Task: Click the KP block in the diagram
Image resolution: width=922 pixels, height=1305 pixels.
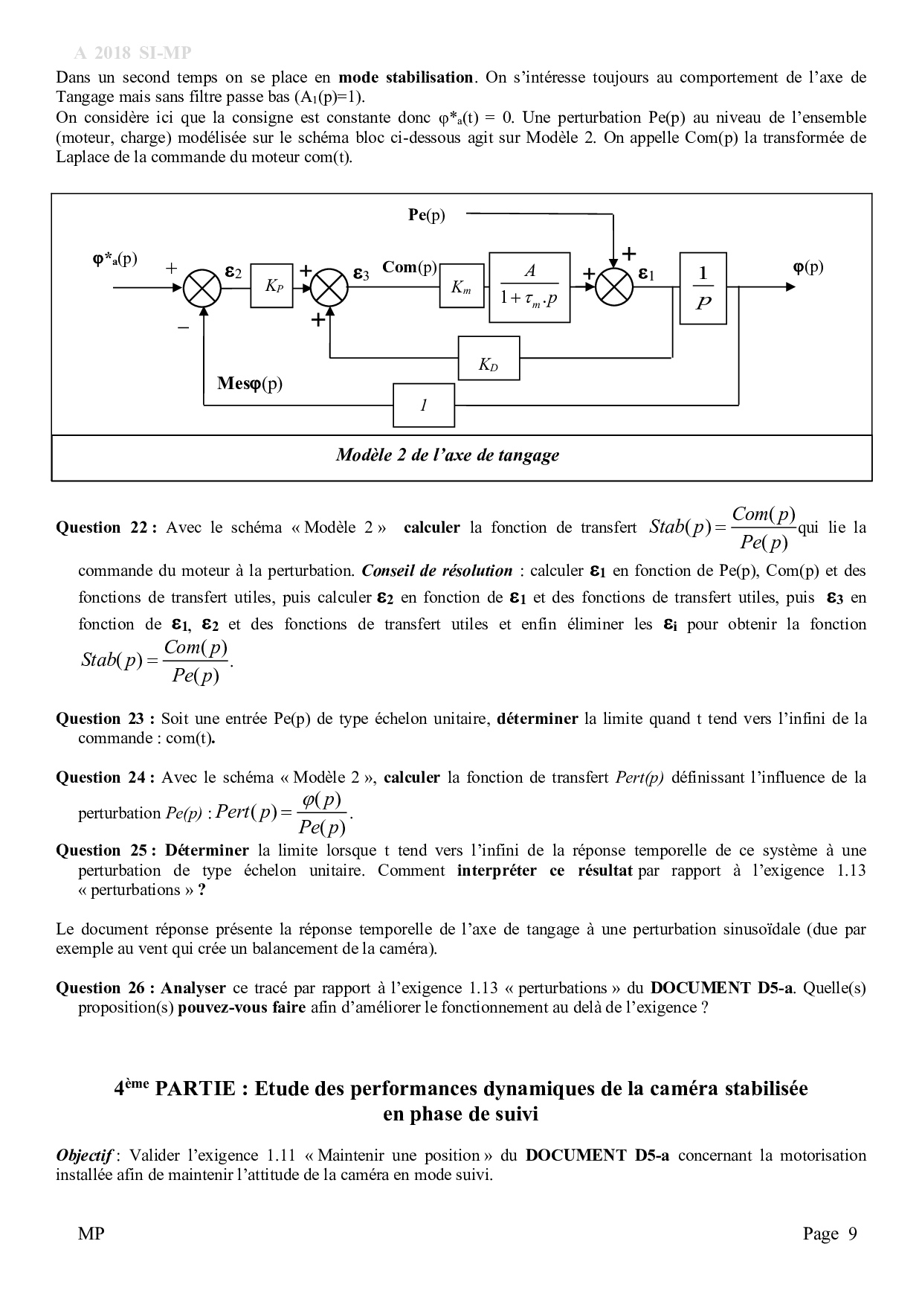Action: (271, 286)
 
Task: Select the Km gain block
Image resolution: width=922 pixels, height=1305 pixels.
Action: (461, 287)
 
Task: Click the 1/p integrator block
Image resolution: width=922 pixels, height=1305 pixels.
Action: (703, 286)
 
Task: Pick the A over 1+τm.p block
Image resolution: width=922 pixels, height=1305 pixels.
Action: (529, 287)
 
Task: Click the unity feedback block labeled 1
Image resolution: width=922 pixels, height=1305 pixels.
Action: (423, 405)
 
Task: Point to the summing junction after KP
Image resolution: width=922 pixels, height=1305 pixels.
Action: (329, 286)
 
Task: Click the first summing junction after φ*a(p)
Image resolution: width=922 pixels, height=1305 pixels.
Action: (202, 286)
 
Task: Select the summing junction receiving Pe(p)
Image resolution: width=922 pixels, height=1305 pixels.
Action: (614, 286)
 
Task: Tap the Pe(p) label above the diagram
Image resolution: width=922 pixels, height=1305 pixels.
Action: (427, 215)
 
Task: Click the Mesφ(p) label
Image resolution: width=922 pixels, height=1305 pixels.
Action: (250, 384)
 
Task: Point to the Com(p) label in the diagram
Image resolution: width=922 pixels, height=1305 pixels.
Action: (409, 267)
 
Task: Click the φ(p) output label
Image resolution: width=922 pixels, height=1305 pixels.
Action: (808, 267)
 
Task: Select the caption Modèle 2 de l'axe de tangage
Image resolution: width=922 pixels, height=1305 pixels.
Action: (447, 455)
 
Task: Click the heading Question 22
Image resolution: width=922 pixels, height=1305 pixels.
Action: (105, 528)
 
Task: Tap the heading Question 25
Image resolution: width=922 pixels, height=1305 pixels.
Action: (105, 850)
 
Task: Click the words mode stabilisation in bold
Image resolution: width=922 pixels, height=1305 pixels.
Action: (405, 77)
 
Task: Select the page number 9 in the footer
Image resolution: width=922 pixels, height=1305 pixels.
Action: (852, 1234)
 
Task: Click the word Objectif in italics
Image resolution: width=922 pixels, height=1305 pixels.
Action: (84, 1155)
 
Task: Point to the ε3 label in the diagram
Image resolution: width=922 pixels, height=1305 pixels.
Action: (361, 274)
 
